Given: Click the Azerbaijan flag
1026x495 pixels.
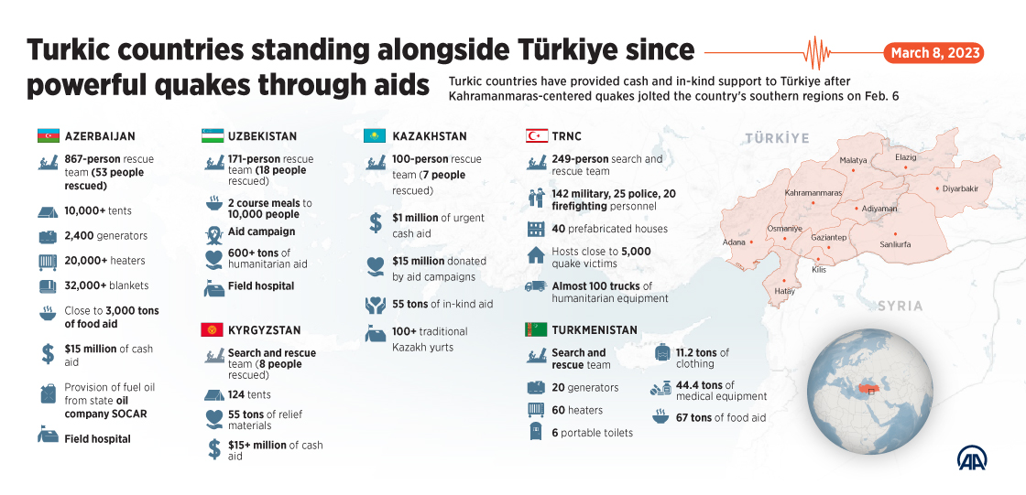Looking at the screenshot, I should tap(48, 136).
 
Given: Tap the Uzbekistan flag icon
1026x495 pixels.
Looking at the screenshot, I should tap(213, 136).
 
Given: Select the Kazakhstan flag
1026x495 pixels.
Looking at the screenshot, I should tap(375, 136).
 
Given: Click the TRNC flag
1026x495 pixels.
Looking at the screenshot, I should tap(537, 136).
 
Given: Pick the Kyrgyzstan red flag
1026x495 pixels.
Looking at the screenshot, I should tap(213, 330).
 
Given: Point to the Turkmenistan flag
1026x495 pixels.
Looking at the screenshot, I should tap(537, 329).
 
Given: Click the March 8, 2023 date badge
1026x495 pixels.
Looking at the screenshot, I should tap(933, 53).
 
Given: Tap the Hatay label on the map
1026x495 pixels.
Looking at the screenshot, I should tap(784, 291).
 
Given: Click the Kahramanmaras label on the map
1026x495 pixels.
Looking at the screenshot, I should tap(813, 193).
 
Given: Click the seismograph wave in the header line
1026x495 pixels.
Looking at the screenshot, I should tap(814, 52).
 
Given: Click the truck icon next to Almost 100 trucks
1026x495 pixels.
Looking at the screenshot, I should tap(536, 286).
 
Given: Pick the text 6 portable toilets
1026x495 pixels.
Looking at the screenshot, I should tap(592, 433).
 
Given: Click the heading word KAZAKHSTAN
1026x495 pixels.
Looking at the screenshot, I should tap(430, 136).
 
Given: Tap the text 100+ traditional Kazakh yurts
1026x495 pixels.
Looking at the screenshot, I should tap(430, 339).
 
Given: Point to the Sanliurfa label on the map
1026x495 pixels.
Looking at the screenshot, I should tap(895, 244).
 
